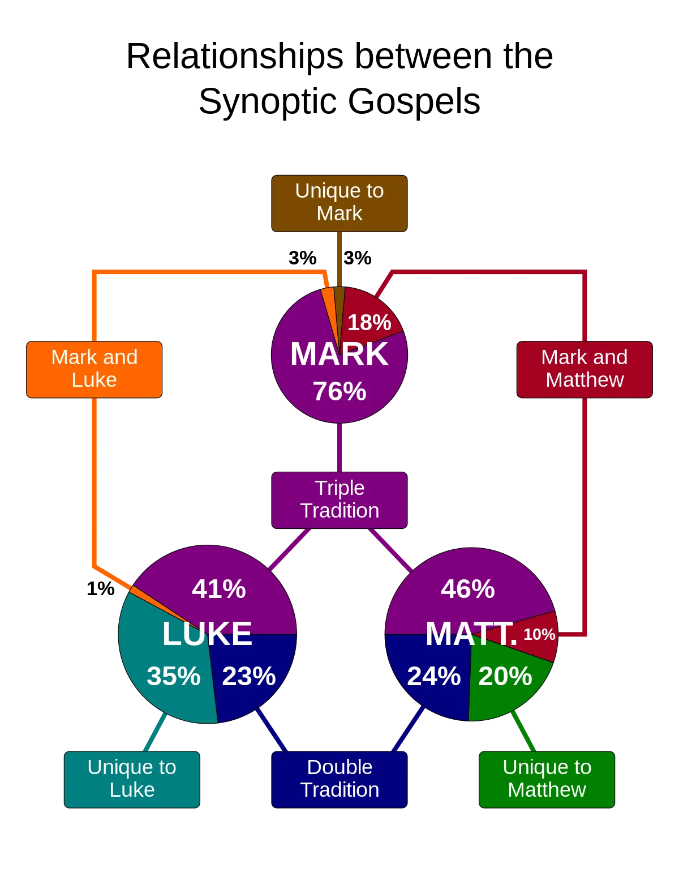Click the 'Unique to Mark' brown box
339,203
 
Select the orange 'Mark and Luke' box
94,369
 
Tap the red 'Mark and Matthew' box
585,369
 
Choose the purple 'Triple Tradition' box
339,499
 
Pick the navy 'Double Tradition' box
339,779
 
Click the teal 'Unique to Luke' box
132,779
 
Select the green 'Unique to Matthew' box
547,779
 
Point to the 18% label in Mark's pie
369,323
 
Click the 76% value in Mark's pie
339,391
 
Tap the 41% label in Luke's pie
219,589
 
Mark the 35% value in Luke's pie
174,676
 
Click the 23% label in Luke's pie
249,676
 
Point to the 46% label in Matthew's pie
468,589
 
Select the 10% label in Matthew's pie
539,634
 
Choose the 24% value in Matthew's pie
434,676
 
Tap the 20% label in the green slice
505,676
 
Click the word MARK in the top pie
339,354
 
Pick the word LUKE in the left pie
207,634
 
